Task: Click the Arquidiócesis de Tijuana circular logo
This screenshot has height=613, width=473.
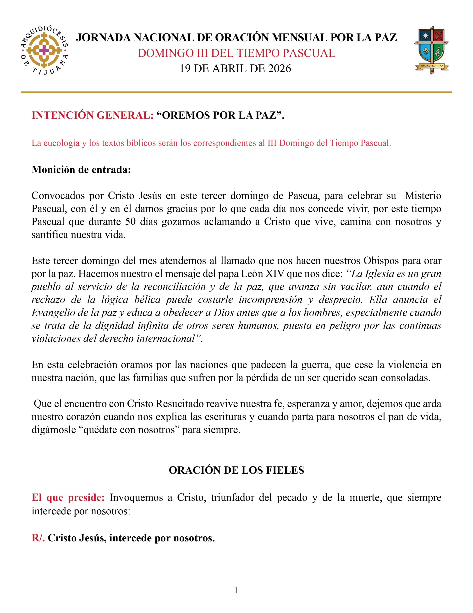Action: tap(44, 51)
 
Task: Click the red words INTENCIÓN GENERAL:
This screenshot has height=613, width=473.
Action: tap(93, 115)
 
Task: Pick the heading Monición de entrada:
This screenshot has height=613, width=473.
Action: tap(81, 170)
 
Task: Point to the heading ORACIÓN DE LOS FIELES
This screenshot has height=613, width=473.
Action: tap(236, 470)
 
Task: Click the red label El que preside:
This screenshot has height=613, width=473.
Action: tap(68, 498)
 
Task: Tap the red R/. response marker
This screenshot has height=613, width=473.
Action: tap(38, 538)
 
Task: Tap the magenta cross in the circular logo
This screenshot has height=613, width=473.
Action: tap(44, 51)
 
